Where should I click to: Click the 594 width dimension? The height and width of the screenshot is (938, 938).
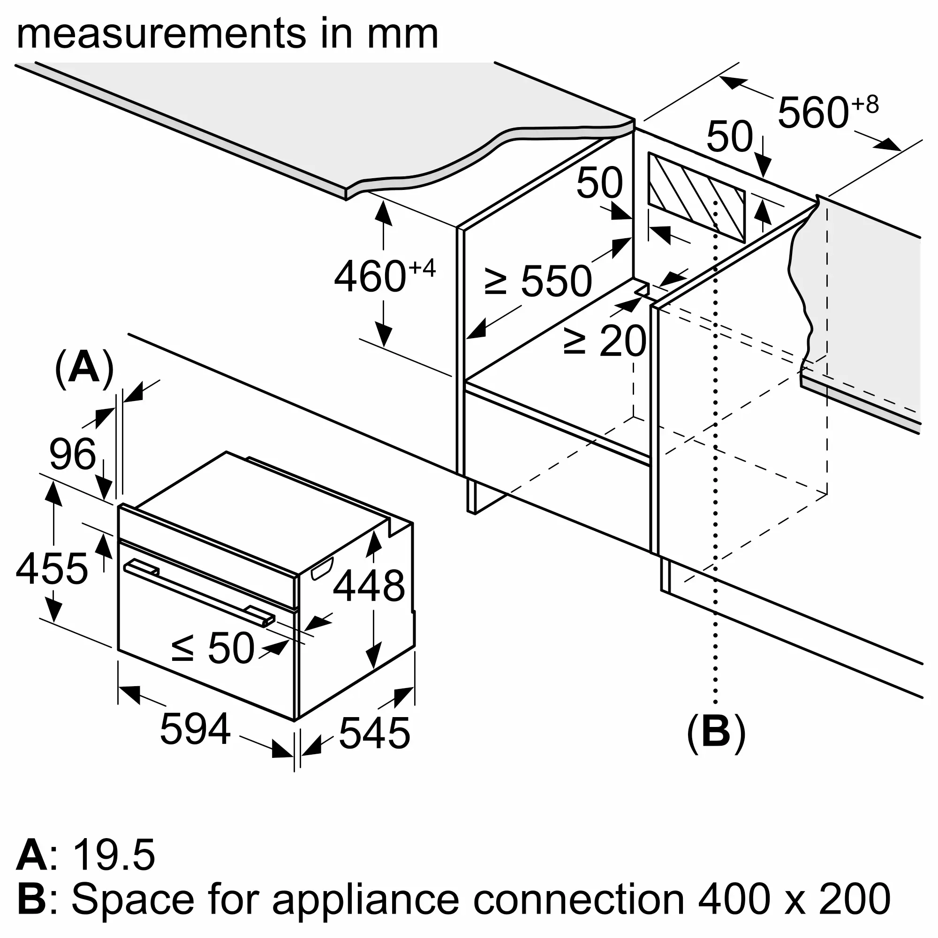[195, 729]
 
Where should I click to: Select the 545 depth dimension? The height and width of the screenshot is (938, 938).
[374, 733]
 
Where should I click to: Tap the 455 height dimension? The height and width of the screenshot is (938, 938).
[52, 568]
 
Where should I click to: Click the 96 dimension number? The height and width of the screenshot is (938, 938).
[72, 454]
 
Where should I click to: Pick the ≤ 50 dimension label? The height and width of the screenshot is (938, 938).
[212, 648]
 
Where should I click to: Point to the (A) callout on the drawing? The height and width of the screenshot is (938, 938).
[84, 370]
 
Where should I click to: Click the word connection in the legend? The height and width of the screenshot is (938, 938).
[578, 900]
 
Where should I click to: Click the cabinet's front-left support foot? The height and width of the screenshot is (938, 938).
[471, 495]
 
